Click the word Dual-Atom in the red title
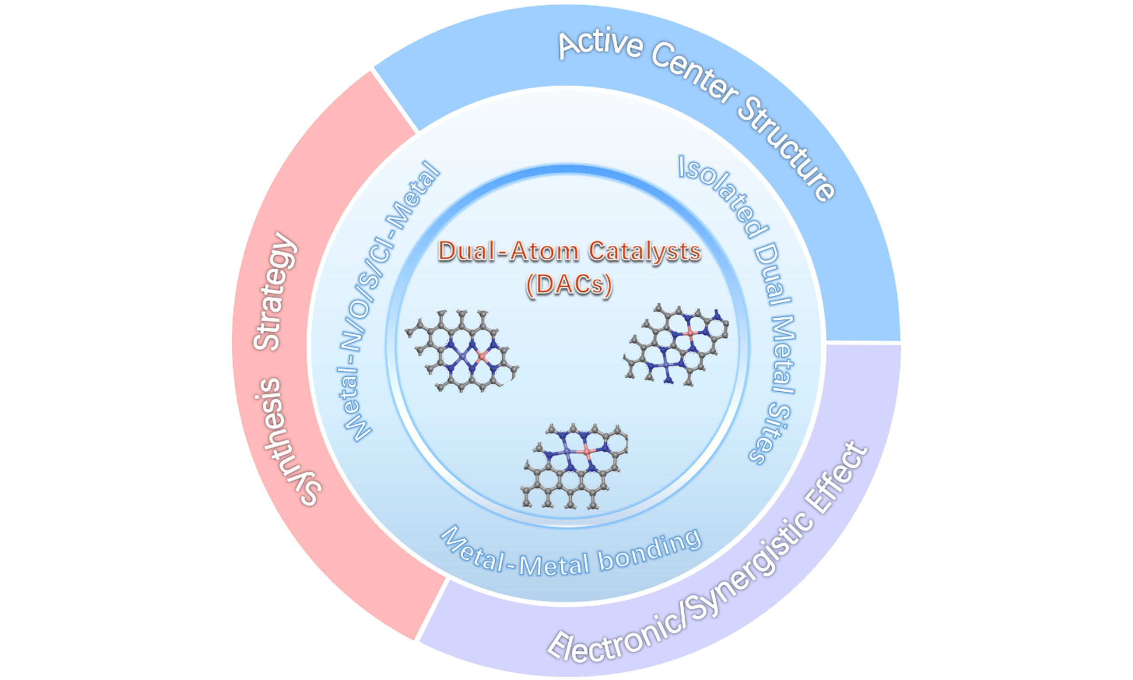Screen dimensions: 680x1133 [509, 251]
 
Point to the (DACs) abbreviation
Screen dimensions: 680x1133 [569, 285]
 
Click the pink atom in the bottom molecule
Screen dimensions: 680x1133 [587, 452]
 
